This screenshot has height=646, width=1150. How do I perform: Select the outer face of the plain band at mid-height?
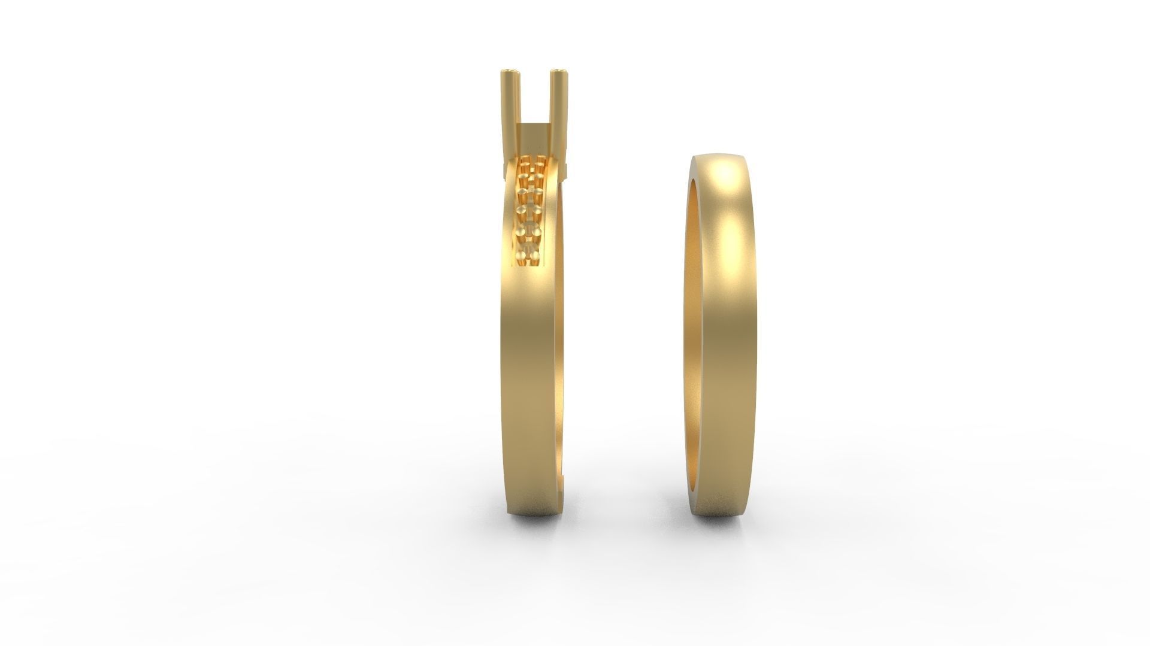click(x=728, y=335)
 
